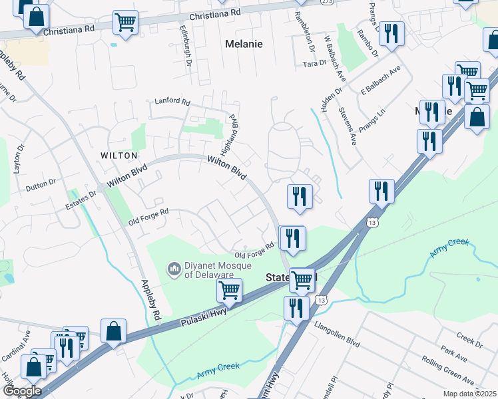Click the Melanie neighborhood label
(244, 44)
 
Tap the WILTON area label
(119, 155)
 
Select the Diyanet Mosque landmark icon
(174, 269)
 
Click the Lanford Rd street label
(172, 102)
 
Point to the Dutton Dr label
(41, 183)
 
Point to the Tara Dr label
(314, 64)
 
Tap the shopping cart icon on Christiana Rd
(125, 22)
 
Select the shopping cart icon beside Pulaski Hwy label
(229, 289)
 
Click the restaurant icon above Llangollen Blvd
(296, 307)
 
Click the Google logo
(21, 391)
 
